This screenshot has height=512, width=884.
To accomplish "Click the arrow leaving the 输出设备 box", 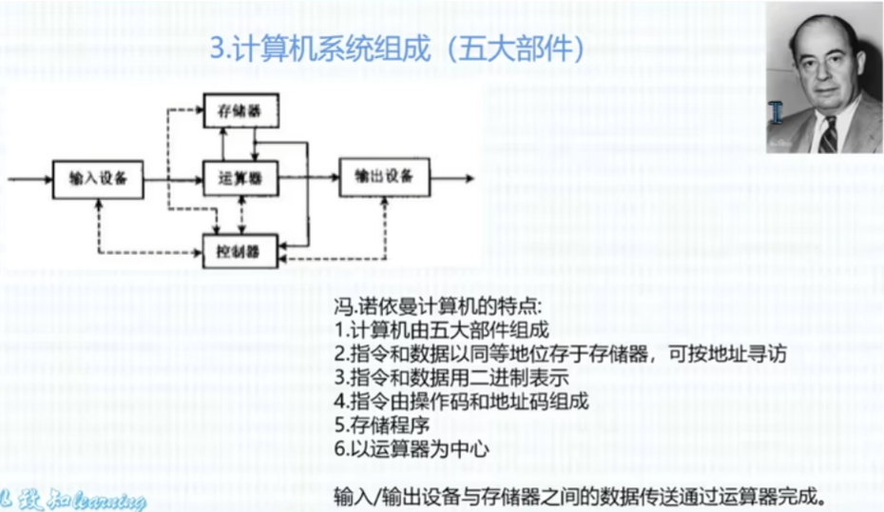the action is [x=451, y=178].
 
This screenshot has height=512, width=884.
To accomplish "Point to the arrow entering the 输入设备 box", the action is [x=29, y=178].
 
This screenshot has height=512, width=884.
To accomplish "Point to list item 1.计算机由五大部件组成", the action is [x=442, y=331].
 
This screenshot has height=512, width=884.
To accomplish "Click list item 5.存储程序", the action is [x=376, y=424].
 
